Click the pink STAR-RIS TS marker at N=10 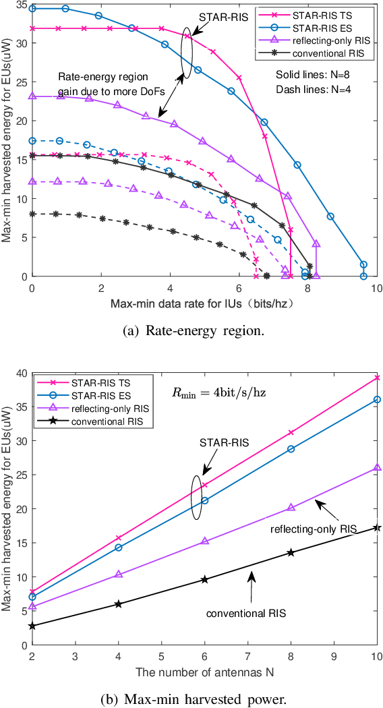click(x=377, y=378)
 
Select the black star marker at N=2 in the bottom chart click(x=32, y=626)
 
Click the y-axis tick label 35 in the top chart click(x=20, y=5)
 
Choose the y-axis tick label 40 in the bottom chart click(x=20, y=373)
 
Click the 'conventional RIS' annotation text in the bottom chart click(x=247, y=614)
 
